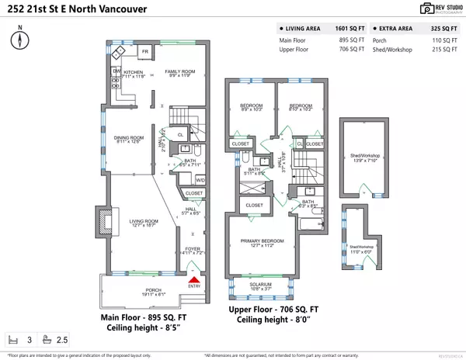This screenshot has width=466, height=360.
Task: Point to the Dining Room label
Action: pos(123,139)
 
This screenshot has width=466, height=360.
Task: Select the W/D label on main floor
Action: pos(200,180)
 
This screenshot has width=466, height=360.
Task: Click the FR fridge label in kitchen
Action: pos(144,52)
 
